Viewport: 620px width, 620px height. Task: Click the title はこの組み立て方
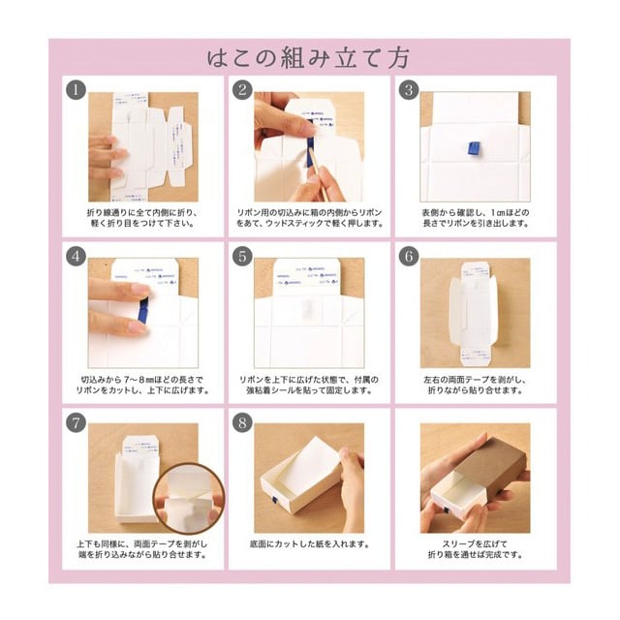click(x=309, y=57)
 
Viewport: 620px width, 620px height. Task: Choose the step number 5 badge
click(x=240, y=257)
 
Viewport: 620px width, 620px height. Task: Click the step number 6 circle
click(x=408, y=257)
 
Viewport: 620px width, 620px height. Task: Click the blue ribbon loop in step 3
click(x=475, y=147)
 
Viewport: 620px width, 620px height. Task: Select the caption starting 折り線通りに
click(x=142, y=217)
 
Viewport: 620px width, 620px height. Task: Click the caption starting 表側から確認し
click(x=475, y=217)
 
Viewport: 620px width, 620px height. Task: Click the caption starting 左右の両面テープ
click(x=475, y=384)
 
